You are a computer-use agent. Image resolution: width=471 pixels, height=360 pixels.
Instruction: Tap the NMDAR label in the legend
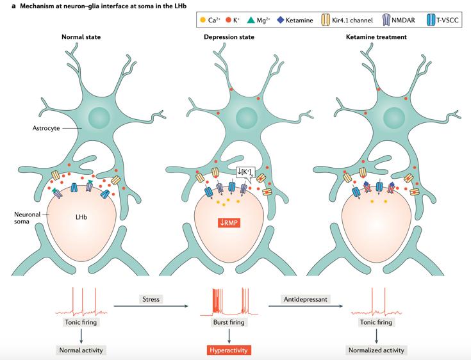click(x=401, y=21)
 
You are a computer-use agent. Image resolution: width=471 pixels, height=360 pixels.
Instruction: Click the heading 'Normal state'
click(x=81, y=38)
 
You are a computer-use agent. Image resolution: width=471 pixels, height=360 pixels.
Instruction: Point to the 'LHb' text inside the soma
click(x=81, y=217)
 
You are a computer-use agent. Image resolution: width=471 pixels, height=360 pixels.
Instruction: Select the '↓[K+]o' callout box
click(x=246, y=171)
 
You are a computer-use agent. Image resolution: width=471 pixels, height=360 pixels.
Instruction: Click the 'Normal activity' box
click(x=81, y=350)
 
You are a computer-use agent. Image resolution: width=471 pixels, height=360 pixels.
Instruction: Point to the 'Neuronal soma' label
click(x=28, y=218)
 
